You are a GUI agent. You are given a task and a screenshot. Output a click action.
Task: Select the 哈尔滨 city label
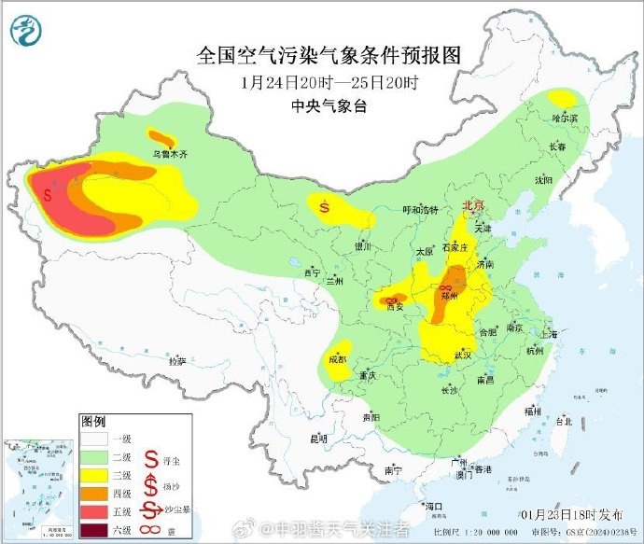coord(564,119)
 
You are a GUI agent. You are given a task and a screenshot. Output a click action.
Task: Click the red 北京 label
coord(474,204)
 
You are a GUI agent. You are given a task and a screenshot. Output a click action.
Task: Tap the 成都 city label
coord(338,358)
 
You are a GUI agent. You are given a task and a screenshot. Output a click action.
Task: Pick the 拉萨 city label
coord(176,360)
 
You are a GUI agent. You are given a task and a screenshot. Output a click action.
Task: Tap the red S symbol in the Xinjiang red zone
coord(48,194)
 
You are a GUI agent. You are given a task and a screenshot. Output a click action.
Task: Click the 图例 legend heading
coord(93,421)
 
